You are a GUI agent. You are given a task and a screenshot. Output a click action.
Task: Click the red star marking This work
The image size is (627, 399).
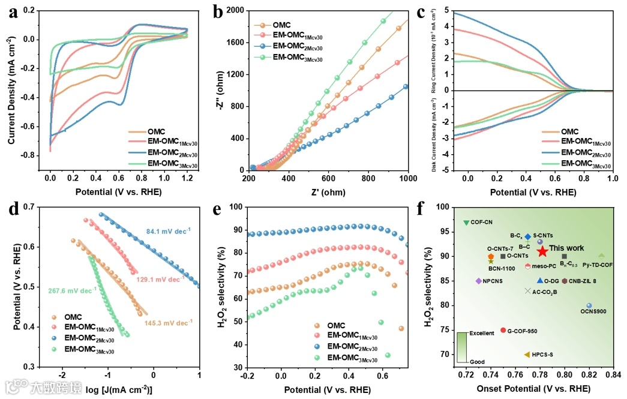point(542,251)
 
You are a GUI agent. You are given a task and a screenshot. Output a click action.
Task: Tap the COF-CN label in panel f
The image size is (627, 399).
point(481,222)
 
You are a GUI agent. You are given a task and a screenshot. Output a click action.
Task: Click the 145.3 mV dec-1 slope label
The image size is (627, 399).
point(169,322)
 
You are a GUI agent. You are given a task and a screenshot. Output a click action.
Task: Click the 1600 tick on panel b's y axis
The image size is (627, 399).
point(232,43)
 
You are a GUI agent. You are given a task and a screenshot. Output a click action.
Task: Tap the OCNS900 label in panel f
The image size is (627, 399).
point(594,311)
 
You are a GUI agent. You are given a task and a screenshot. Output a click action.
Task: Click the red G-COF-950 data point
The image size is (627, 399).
point(503,330)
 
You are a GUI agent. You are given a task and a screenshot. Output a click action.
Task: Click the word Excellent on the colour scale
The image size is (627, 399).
point(482,333)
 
